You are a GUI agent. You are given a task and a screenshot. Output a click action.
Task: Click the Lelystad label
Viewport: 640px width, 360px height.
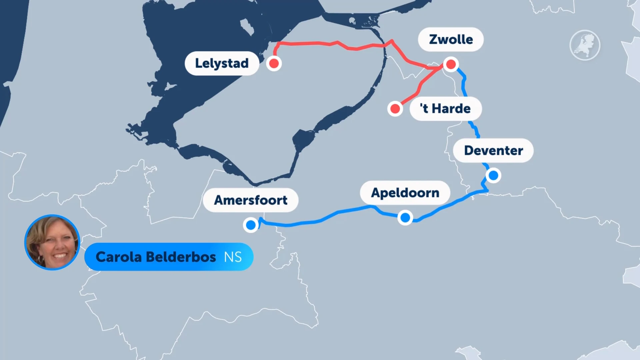tap(222, 63)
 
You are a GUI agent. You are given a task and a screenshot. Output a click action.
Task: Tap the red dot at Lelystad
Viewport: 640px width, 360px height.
tap(274, 63)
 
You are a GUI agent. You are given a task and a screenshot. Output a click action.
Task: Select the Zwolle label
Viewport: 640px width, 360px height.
tap(451, 39)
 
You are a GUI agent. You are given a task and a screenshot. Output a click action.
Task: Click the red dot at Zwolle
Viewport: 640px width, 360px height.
tap(451, 64)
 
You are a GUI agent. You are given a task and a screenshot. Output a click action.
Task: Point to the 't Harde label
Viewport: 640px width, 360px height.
tap(445, 109)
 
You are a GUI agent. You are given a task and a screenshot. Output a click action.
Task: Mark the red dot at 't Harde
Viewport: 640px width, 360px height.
tap(395, 109)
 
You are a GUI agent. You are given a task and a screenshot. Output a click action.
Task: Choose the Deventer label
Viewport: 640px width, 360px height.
tap(493, 151)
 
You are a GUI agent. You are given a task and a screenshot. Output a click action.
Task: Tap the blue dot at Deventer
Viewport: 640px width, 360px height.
tap(493, 175)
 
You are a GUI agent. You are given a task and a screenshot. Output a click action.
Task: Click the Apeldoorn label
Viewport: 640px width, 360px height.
tap(405, 193)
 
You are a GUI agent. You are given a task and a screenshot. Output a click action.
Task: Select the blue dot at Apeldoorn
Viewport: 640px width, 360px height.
tap(405, 218)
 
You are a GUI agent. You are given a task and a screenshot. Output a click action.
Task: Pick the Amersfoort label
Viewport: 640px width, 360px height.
tap(251, 200)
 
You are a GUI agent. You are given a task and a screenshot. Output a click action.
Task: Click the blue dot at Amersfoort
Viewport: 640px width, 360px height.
tap(251, 225)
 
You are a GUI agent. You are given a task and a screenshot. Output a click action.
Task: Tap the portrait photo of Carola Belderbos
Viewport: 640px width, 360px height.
tap(52, 242)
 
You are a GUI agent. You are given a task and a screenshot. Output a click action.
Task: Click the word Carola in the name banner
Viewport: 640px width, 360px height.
tap(119, 257)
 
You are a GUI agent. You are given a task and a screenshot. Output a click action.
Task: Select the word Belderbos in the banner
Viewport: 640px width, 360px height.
tap(181, 257)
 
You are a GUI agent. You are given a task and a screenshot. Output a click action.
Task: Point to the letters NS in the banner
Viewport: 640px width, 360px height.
tap(233, 257)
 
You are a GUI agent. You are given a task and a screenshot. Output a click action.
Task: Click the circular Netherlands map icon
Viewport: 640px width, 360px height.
tap(585, 45)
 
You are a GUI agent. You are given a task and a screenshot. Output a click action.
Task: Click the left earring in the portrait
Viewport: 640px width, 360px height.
tap(40, 259)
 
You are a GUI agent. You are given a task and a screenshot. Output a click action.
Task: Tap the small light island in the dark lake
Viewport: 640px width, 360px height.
tap(247, 27)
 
